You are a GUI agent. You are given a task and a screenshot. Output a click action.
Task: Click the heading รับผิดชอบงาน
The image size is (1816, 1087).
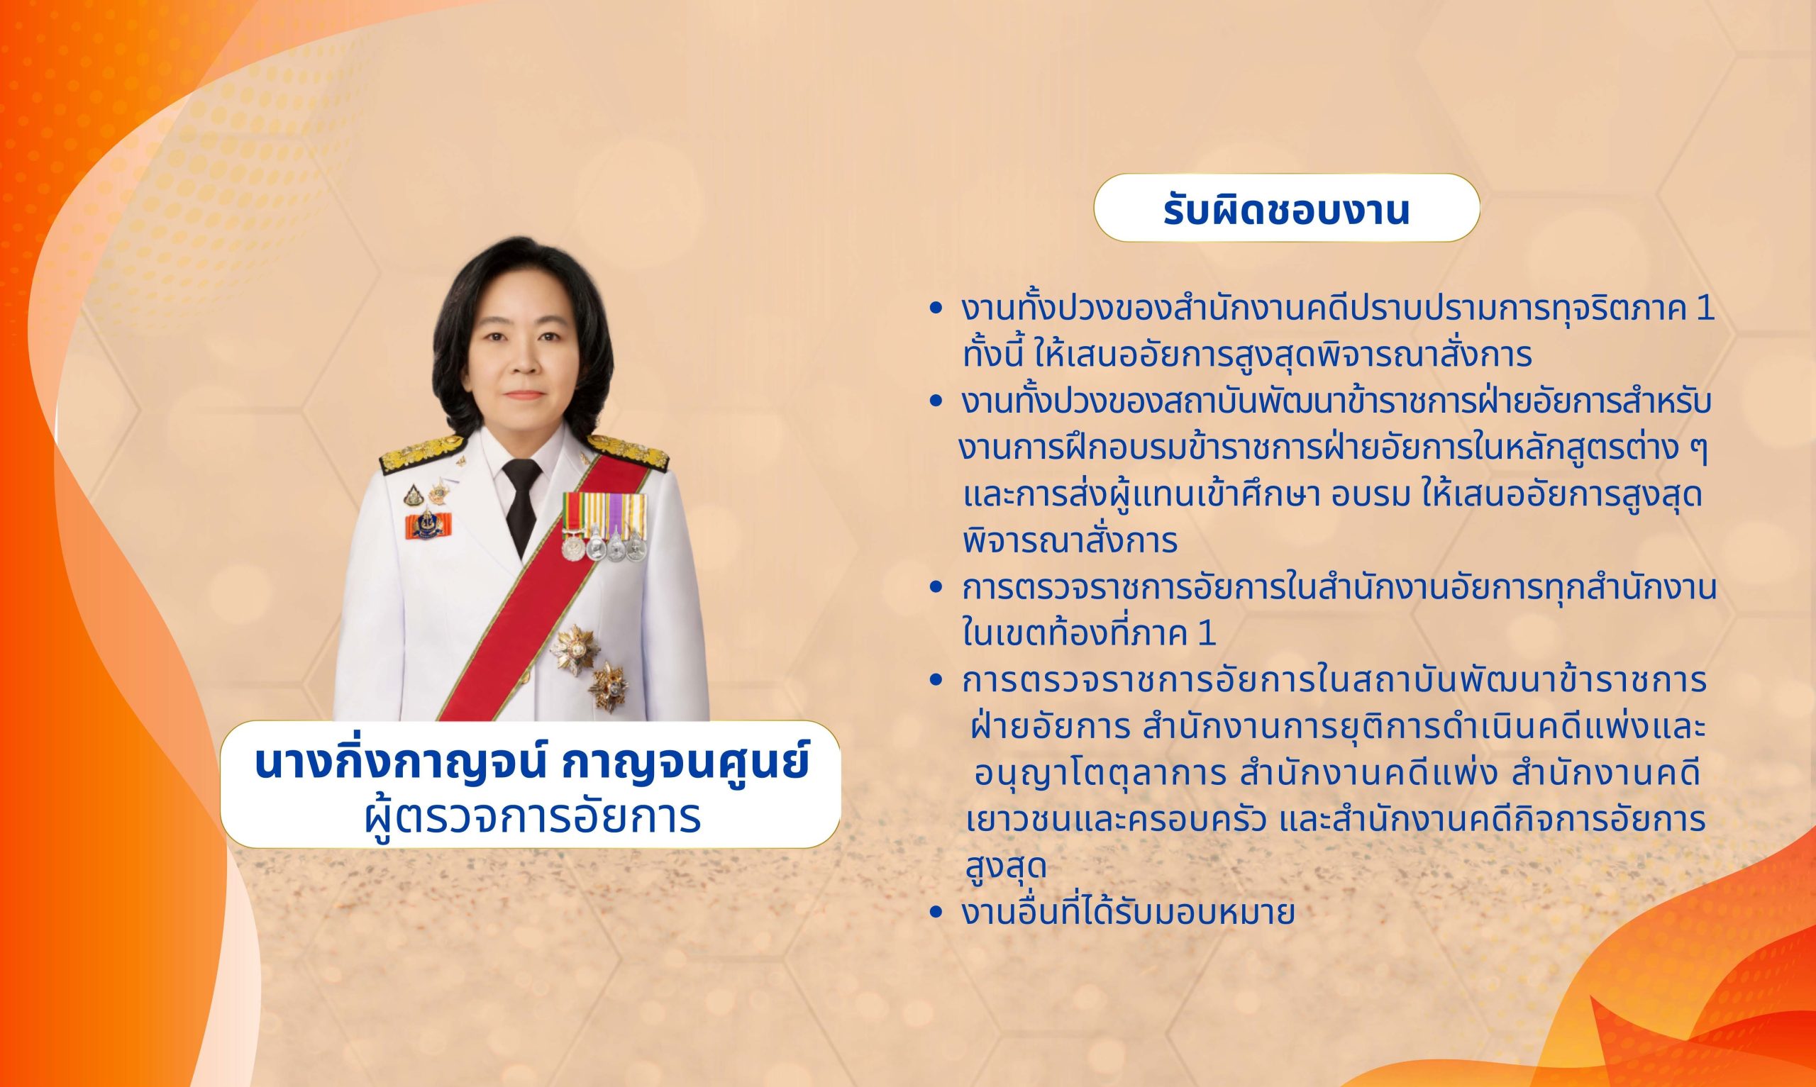[1286, 210]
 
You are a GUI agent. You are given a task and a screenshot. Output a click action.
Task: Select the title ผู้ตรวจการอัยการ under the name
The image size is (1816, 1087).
[533, 818]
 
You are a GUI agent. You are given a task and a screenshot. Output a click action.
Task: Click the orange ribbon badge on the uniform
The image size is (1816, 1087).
[428, 525]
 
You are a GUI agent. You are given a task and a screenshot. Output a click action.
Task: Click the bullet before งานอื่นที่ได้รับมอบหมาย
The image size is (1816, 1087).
[934, 913]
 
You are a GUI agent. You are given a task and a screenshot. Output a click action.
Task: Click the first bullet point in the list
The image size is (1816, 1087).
[934, 310]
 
